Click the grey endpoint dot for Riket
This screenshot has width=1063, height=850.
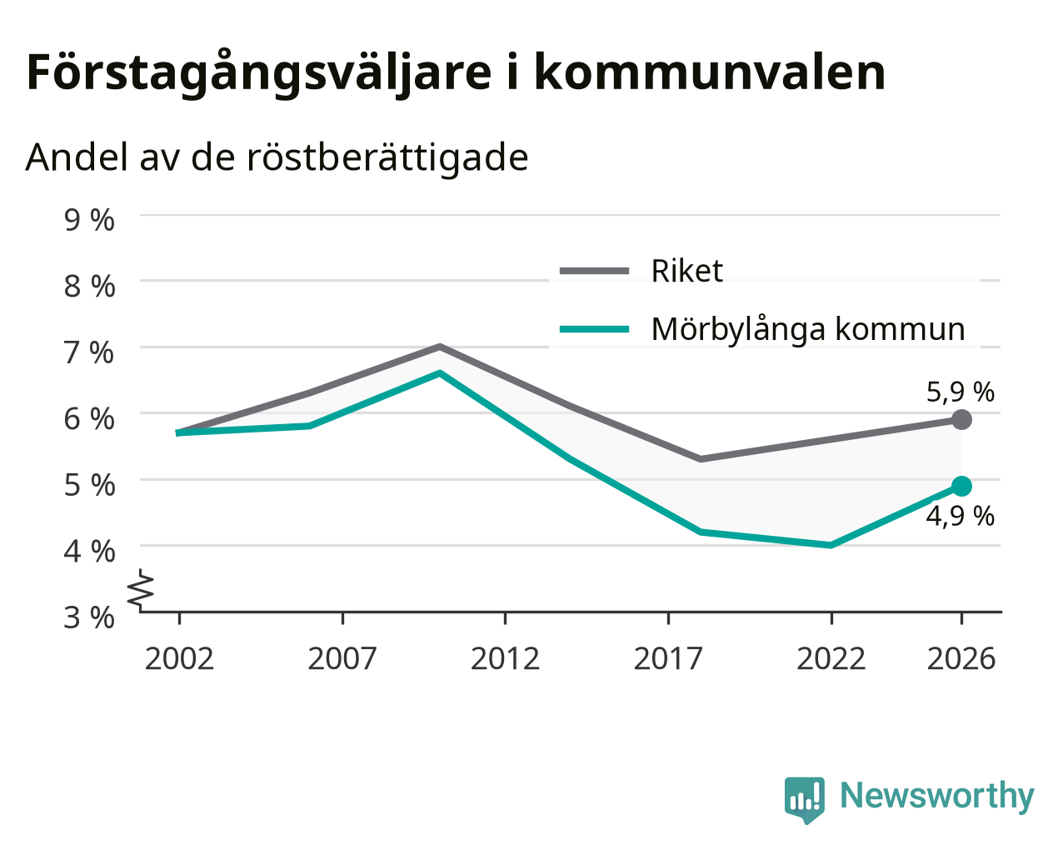[x=961, y=419]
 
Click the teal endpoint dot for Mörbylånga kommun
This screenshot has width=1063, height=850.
[x=961, y=487]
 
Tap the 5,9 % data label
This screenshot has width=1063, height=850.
[x=961, y=392]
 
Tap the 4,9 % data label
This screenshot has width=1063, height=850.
[x=961, y=517]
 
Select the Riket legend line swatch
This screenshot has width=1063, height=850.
[x=594, y=271]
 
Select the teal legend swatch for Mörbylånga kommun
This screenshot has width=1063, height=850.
[x=594, y=329]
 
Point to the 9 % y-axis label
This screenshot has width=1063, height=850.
[x=89, y=220]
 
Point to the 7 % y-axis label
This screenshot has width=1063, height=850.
[x=89, y=352]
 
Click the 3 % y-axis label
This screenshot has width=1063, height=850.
[x=89, y=617]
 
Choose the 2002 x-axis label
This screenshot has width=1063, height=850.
[x=179, y=658]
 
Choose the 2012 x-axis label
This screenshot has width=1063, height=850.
[x=506, y=658]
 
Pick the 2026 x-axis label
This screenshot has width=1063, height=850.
[x=961, y=658]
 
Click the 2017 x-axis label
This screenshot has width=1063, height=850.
[x=668, y=658]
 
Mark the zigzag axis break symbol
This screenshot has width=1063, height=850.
[x=141, y=588]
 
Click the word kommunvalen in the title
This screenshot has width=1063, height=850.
[x=710, y=72]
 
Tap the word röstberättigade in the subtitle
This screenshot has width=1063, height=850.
[x=387, y=158]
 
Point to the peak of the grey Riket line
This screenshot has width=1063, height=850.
[x=440, y=347]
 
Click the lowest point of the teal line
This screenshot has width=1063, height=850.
[x=831, y=545]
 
